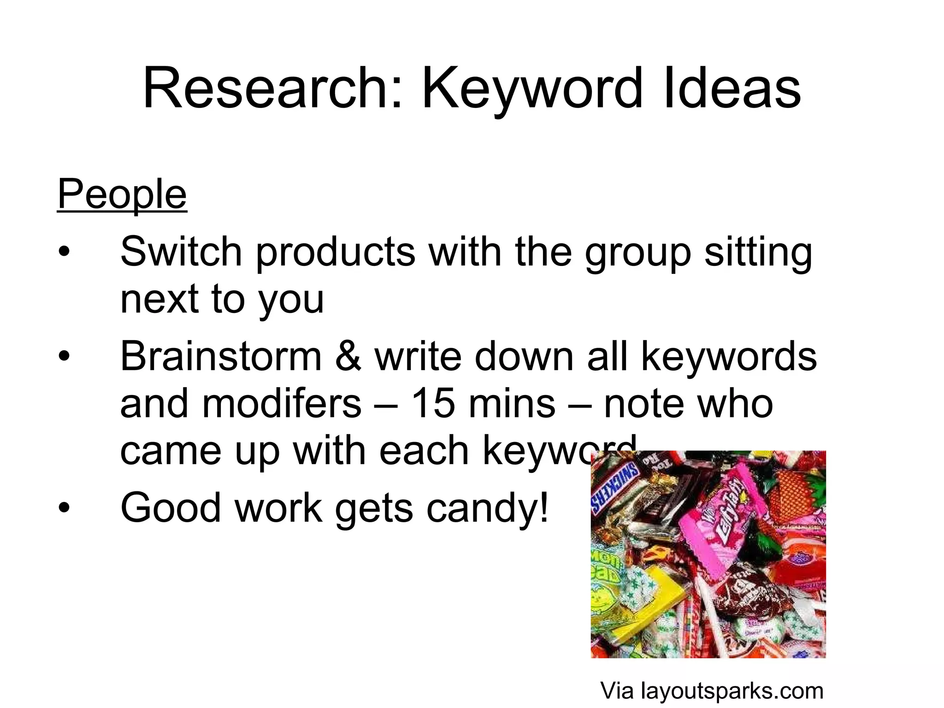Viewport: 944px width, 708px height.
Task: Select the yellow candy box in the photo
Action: pyautogui.click(x=655, y=599)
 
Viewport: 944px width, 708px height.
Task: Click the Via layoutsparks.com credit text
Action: pyautogui.click(x=712, y=690)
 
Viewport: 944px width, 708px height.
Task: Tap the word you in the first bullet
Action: pyautogui.click(x=291, y=301)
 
